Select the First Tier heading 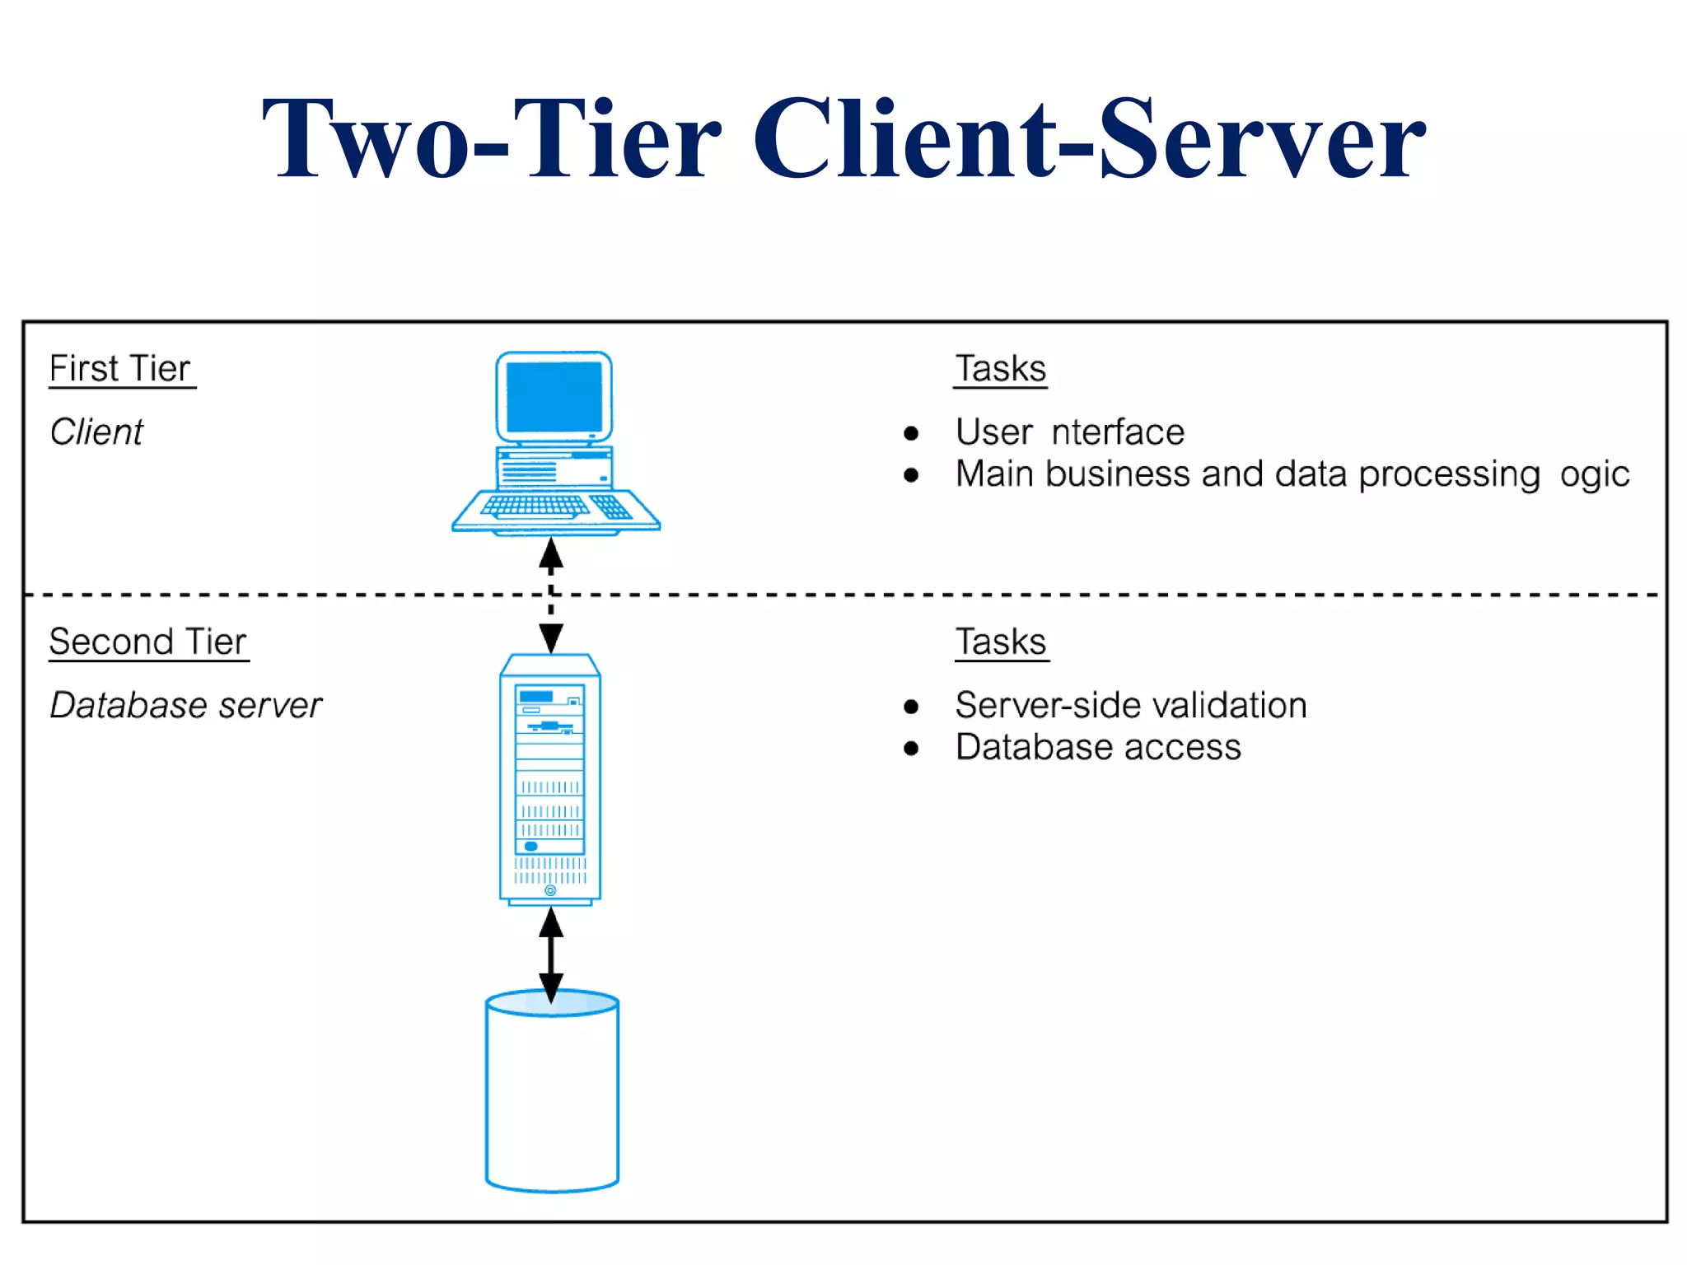pyautogui.click(x=120, y=368)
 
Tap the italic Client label pyautogui.click(x=96, y=432)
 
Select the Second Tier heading pyautogui.click(x=148, y=642)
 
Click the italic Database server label pyautogui.click(x=185, y=705)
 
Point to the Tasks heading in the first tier pyautogui.click(x=1000, y=368)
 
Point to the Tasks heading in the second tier pyautogui.click(x=1000, y=642)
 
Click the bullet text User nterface pyautogui.click(x=1069, y=432)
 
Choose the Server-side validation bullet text pyautogui.click(x=1130, y=705)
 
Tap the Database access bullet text pyautogui.click(x=1097, y=748)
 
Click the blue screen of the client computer pyautogui.click(x=554, y=397)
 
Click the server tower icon pyautogui.click(x=550, y=778)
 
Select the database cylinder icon pyautogui.click(x=552, y=1095)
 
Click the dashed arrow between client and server pyautogui.click(x=551, y=595)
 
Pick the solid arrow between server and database pyautogui.click(x=551, y=954)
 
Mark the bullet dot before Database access pyautogui.click(x=910, y=748)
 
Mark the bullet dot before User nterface pyautogui.click(x=910, y=433)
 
